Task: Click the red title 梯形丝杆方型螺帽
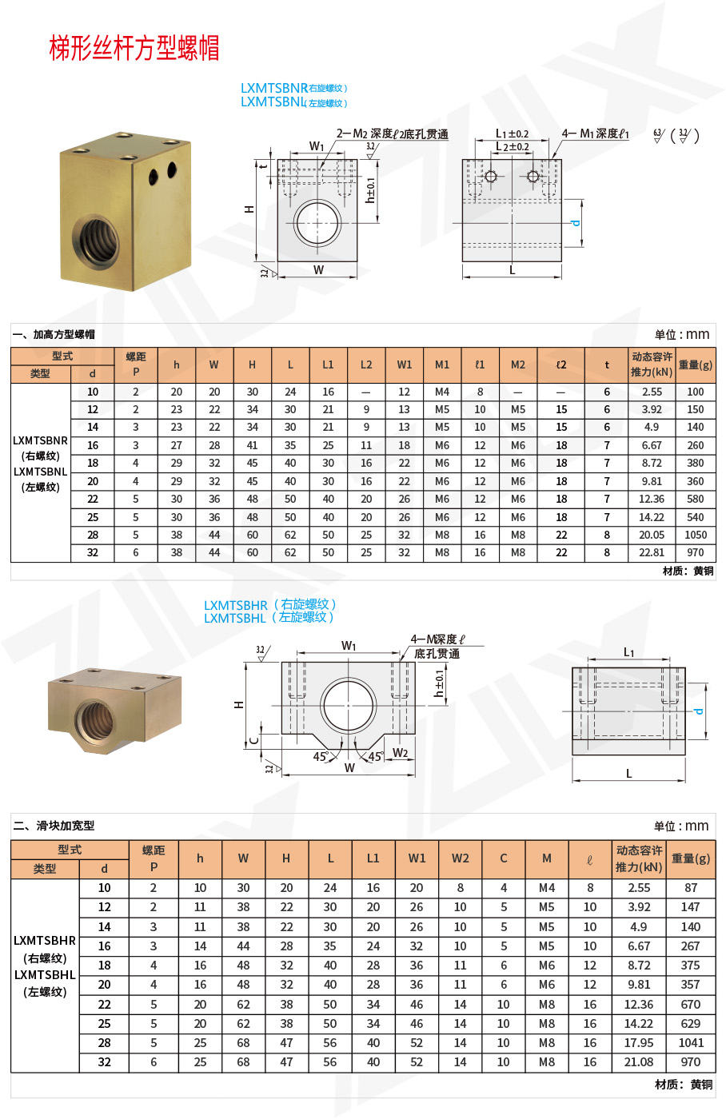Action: click(134, 48)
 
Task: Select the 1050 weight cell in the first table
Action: click(695, 535)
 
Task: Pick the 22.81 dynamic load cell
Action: click(652, 552)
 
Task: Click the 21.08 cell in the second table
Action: click(638, 1062)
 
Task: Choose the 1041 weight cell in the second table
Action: click(691, 1043)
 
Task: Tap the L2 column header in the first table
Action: click(366, 364)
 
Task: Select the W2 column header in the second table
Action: click(461, 858)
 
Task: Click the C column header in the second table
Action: click(504, 858)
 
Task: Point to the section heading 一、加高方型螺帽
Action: click(54, 334)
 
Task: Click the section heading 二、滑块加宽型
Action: click(54, 826)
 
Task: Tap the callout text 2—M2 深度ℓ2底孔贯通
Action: click(392, 134)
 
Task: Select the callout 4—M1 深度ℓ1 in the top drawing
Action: click(595, 134)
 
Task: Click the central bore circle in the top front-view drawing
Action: click(317, 222)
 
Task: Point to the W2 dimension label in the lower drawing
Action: click(400, 753)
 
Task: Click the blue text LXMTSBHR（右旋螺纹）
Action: click(270, 604)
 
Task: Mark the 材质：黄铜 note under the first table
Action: click(688, 571)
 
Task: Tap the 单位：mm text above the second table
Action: click(681, 826)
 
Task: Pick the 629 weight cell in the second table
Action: click(691, 1024)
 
